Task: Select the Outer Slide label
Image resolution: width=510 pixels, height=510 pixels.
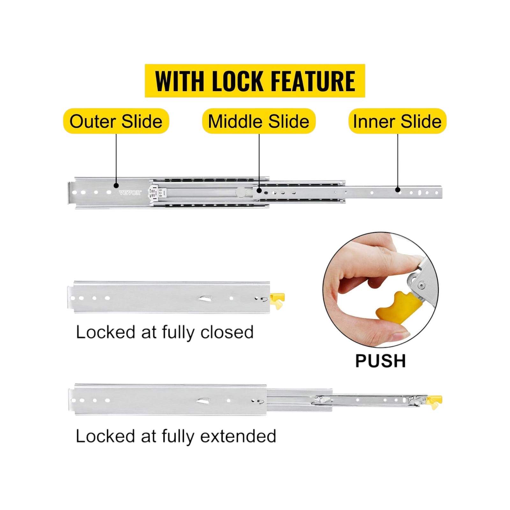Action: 116,121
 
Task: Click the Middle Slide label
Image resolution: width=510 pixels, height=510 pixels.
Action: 259,121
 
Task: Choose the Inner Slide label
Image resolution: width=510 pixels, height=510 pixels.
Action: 397,121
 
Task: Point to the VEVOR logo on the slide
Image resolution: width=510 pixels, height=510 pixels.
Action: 130,193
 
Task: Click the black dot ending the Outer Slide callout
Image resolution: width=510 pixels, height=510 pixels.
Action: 116,186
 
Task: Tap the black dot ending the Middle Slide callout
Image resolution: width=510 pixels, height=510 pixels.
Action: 259,191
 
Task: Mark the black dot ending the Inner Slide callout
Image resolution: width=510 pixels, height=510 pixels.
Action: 398,190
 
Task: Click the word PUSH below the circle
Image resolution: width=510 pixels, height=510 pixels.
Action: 381,361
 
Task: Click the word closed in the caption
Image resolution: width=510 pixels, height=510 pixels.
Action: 227,332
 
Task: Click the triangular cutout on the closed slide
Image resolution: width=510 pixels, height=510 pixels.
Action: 205,298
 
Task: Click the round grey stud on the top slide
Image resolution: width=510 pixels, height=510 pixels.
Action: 241,192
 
